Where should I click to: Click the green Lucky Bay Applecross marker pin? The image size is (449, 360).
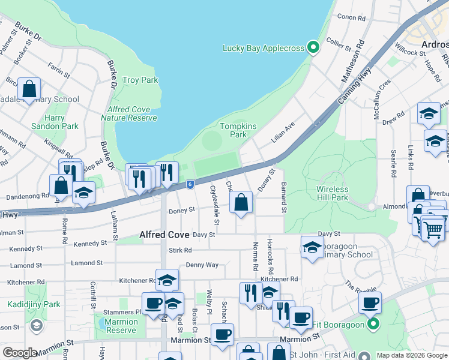pyautogui.click(x=313, y=47)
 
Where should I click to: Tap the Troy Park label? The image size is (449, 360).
pyautogui.click(x=140, y=80)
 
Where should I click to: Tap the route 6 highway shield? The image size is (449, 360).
pyautogui.click(x=190, y=185)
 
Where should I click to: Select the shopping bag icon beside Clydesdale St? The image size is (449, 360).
pyautogui.click(x=241, y=203)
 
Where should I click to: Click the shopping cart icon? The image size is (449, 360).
pyautogui.click(x=432, y=229)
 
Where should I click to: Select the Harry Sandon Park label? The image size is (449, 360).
pyautogui.click(x=54, y=122)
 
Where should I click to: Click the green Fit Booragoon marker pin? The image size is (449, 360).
pyautogui.click(x=373, y=325)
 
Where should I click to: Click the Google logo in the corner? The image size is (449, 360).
pyautogui.click(x=20, y=353)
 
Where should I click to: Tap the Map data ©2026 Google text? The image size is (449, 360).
pyautogui.click(x=411, y=355)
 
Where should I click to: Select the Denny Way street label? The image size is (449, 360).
pyautogui.click(x=202, y=265)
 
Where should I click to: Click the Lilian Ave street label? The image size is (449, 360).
pyautogui.click(x=283, y=131)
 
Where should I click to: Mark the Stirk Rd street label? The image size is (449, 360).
pyautogui.click(x=180, y=250)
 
